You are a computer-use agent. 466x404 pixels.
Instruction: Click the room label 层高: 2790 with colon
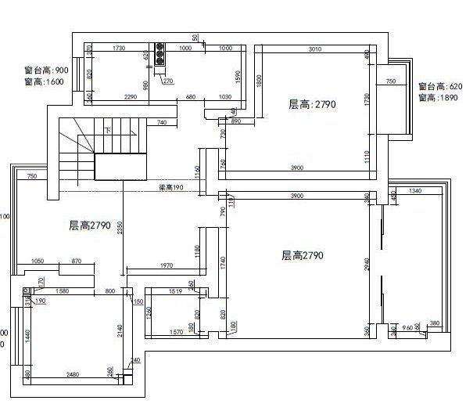tap(312, 104)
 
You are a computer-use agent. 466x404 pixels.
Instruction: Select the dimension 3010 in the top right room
tap(314, 49)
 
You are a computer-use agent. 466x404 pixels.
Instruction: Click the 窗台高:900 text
tap(46, 70)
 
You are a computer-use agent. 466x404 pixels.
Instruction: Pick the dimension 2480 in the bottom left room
tap(73, 374)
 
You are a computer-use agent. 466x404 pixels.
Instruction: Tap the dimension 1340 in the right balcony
tap(414, 190)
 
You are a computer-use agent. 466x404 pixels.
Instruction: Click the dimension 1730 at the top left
tap(119, 49)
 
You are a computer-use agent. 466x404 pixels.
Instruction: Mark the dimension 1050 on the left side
tap(38, 260)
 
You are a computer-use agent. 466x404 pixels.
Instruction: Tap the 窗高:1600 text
tap(44, 81)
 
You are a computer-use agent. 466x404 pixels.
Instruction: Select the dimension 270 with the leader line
tap(167, 81)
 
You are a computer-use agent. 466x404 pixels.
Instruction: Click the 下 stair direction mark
tap(107, 131)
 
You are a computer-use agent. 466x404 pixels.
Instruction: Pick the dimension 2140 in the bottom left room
tap(120, 330)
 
